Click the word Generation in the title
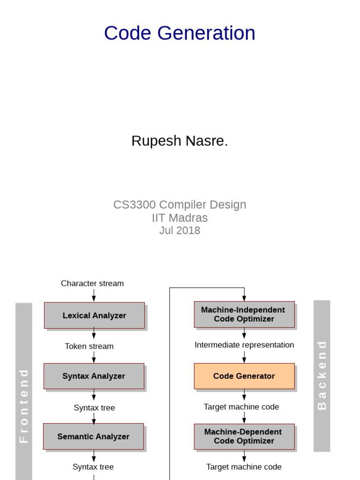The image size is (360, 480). click(206, 33)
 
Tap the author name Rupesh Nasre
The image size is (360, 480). click(180, 141)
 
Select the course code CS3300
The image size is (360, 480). click(135, 204)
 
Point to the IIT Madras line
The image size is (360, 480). click(180, 217)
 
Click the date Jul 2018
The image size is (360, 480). click(180, 230)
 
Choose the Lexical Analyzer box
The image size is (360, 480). click(94, 315)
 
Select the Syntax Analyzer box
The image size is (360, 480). click(94, 376)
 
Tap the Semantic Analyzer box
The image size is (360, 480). click(93, 436)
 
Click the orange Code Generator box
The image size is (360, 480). click(244, 376)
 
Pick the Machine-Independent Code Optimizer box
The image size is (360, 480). click(244, 315)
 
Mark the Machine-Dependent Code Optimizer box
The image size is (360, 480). click(244, 436)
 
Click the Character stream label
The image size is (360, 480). click(92, 284)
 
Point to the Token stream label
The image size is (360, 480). click(89, 346)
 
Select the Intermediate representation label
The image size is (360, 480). click(244, 345)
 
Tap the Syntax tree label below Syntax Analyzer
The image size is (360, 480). click(94, 408)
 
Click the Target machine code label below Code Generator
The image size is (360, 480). click(241, 407)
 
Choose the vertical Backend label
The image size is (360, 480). click(322, 375)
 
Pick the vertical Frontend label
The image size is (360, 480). click(23, 406)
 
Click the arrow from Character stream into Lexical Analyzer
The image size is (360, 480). click(94, 295)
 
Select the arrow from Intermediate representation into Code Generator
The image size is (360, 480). click(244, 357)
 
